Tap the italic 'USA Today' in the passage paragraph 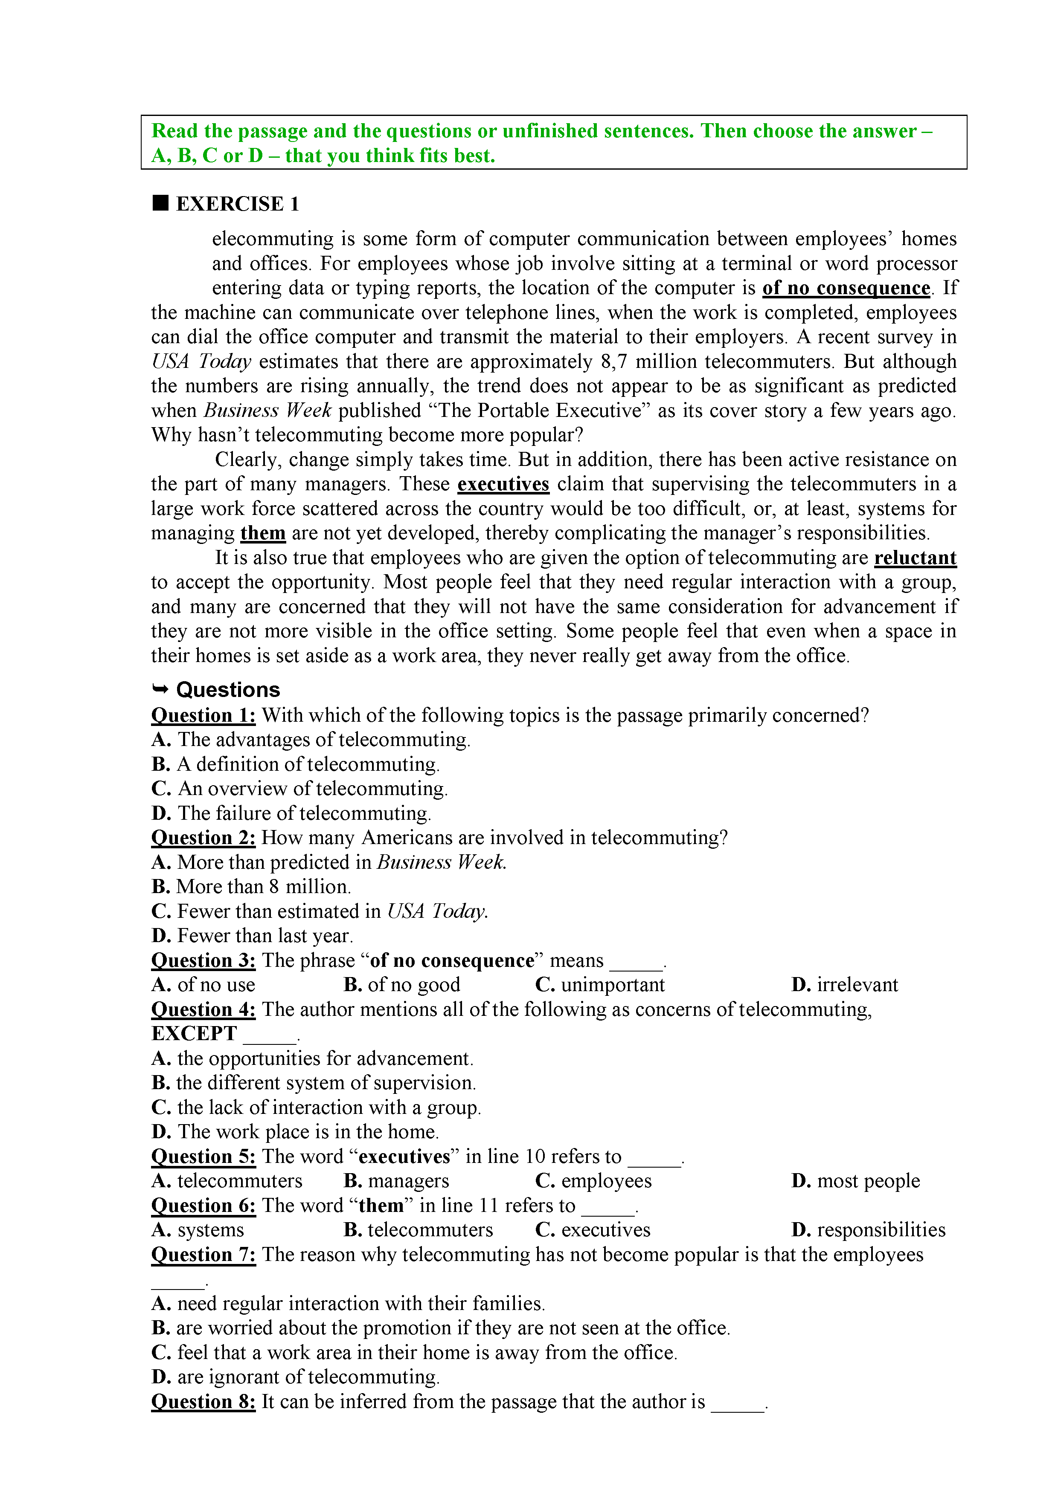click(201, 361)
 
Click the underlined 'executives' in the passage click(503, 484)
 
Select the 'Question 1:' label click(203, 716)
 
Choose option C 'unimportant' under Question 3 click(600, 984)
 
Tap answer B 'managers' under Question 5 click(396, 1180)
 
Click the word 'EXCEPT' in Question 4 click(194, 1033)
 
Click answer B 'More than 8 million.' click(251, 887)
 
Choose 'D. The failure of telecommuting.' click(291, 813)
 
